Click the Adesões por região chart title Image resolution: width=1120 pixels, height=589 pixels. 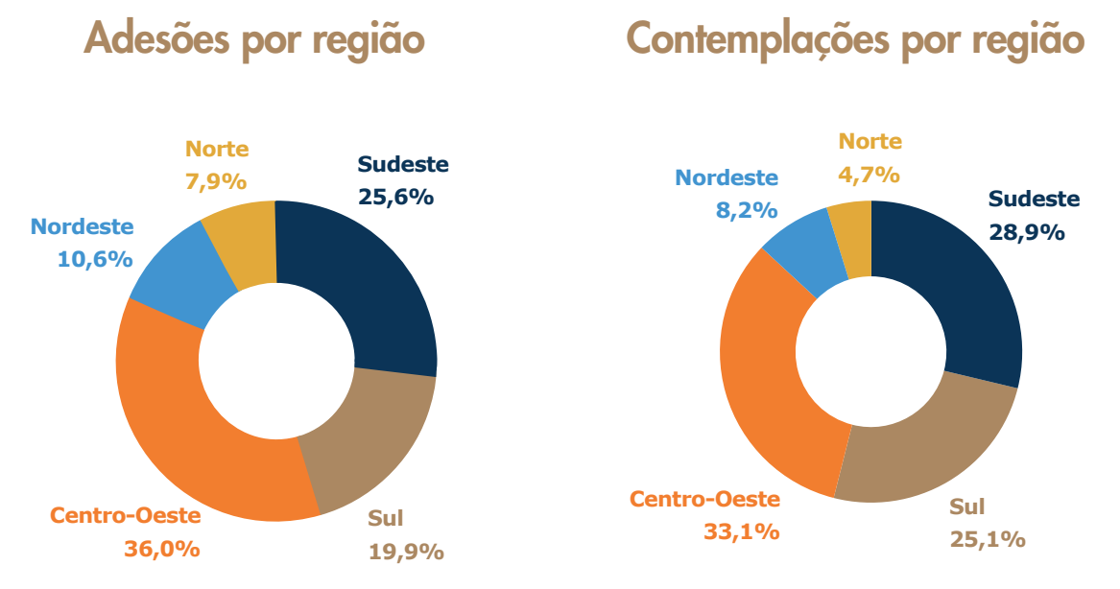click(x=254, y=39)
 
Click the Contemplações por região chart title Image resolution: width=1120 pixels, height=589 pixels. click(x=855, y=39)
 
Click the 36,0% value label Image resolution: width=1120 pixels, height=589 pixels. click(x=161, y=550)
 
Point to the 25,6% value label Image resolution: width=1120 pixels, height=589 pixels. click(x=396, y=197)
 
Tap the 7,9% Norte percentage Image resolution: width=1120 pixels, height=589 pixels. click(x=216, y=181)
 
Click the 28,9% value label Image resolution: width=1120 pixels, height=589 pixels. click(x=1027, y=232)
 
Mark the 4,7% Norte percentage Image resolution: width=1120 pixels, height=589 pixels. click(x=869, y=174)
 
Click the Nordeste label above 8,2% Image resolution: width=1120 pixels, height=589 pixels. click(x=726, y=177)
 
